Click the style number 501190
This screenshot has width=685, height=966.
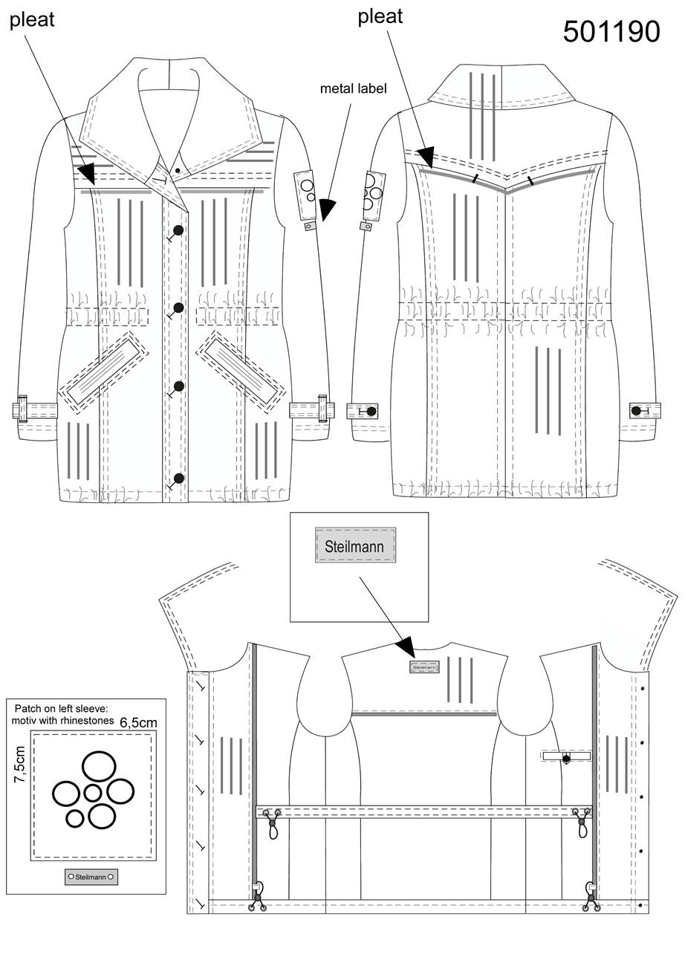(x=611, y=31)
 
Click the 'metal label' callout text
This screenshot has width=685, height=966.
(x=353, y=88)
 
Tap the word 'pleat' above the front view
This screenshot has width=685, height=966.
(x=32, y=20)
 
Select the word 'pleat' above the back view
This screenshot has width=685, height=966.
(x=380, y=17)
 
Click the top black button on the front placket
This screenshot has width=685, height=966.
(x=178, y=230)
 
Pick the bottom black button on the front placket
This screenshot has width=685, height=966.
(x=178, y=478)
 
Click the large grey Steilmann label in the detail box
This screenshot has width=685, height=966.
(x=355, y=545)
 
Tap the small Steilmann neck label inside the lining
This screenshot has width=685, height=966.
(x=425, y=667)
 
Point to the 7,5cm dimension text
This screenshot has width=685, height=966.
(x=20, y=765)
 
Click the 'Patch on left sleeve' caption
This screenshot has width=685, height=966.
(x=61, y=708)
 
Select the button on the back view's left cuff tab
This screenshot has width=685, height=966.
(x=371, y=412)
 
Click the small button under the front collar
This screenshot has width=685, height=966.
(x=178, y=170)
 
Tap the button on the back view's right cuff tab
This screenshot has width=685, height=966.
(x=635, y=411)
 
